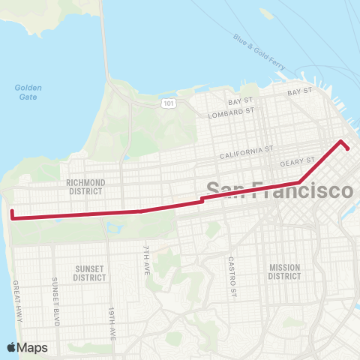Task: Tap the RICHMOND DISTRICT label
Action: coord(85,186)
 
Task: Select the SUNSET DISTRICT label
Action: coord(89,272)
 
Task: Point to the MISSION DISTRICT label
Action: coord(284,271)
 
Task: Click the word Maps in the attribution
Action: coord(33,347)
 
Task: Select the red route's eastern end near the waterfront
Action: coord(348,148)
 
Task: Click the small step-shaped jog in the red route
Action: coord(202,200)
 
